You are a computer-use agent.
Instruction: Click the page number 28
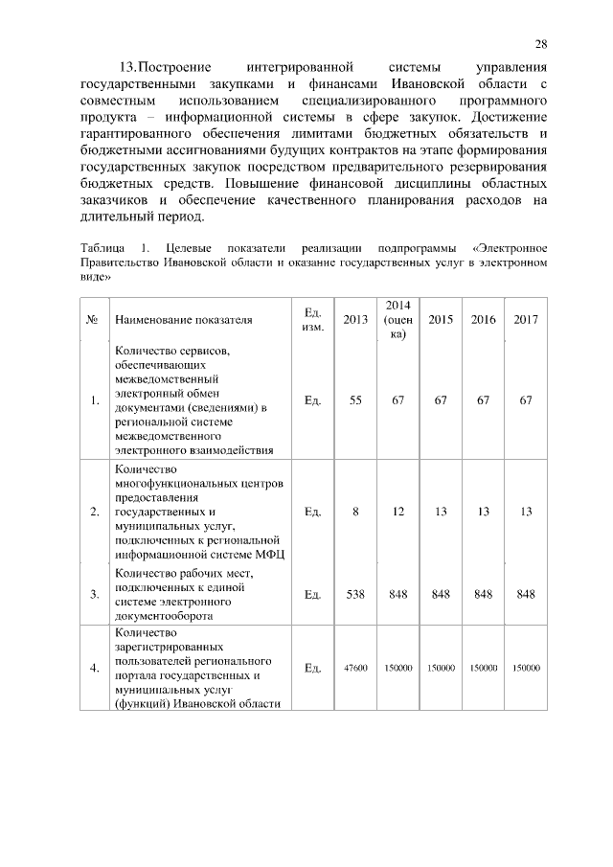(x=541, y=44)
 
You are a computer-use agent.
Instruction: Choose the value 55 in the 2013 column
(x=355, y=400)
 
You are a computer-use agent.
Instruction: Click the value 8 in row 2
(x=355, y=512)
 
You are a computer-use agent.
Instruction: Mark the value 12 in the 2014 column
(x=397, y=512)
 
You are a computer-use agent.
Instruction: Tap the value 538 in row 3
(x=355, y=594)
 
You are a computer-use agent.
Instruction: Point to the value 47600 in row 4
(x=355, y=668)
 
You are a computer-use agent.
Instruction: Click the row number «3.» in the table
(x=94, y=594)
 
